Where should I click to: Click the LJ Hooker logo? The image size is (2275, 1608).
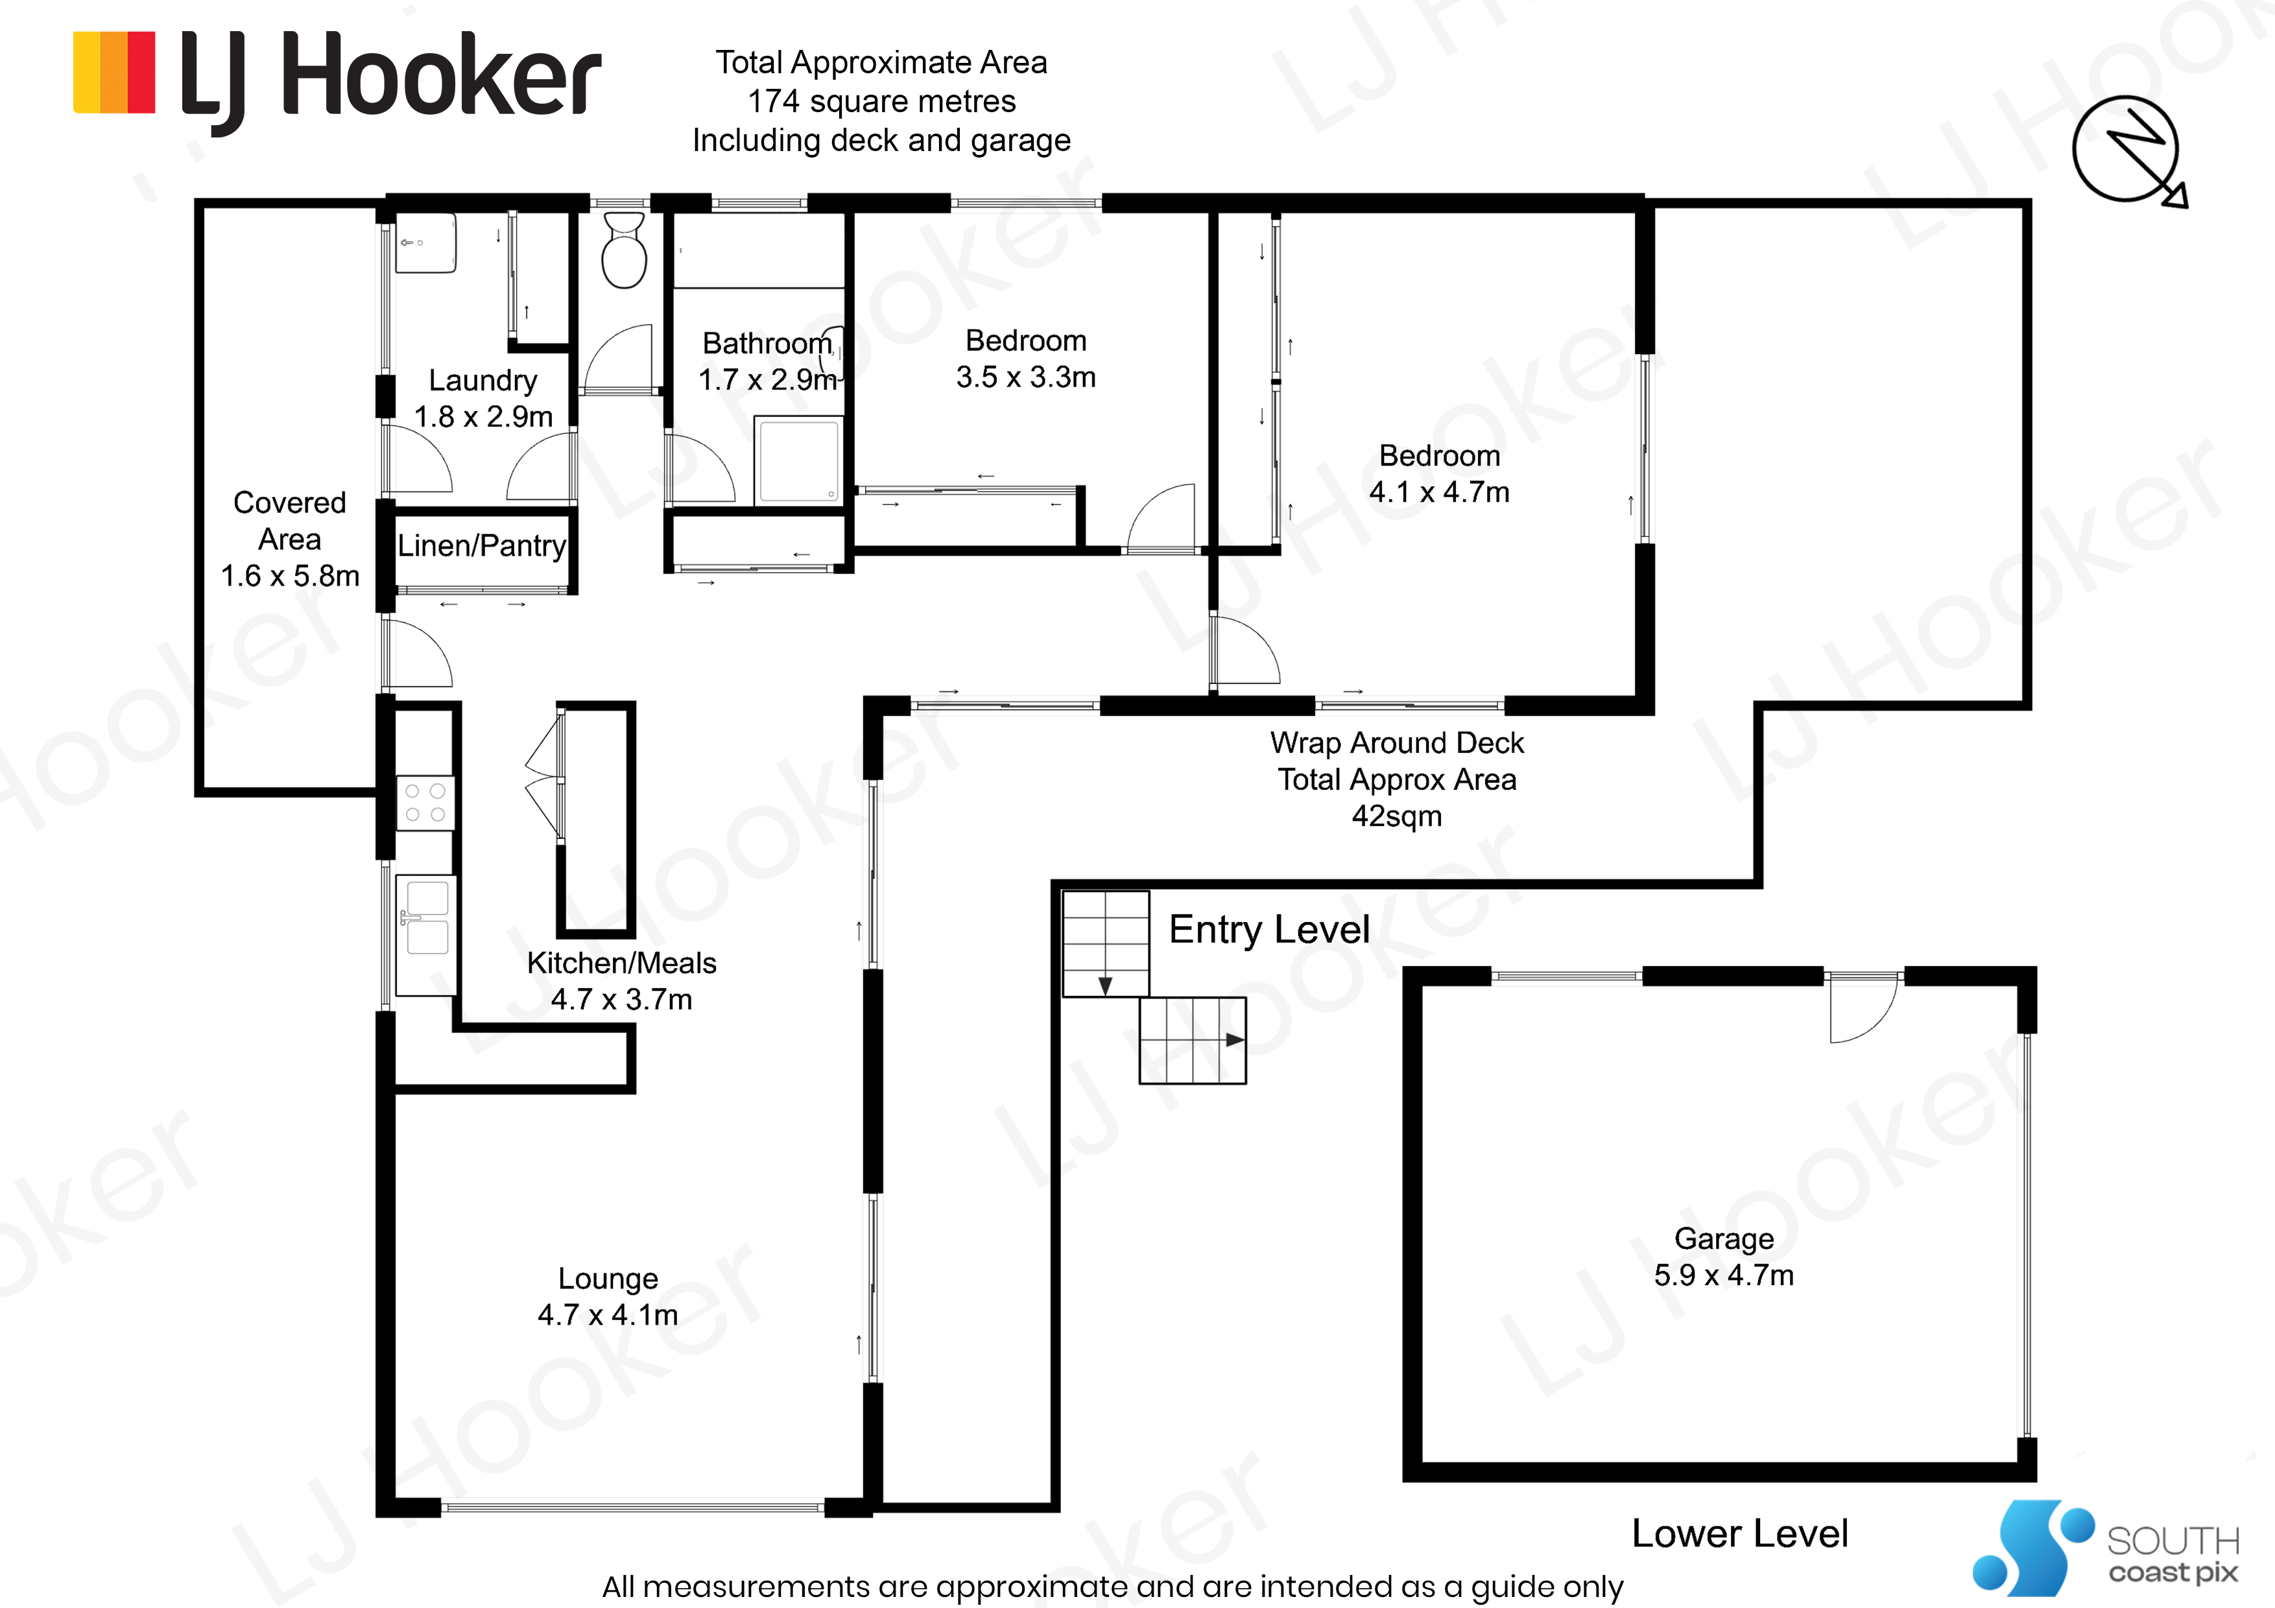[x=337, y=81]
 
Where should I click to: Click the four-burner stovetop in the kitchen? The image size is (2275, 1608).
[x=425, y=803]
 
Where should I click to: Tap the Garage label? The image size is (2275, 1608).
[x=1724, y=1238]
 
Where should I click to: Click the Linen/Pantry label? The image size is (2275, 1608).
[x=482, y=546]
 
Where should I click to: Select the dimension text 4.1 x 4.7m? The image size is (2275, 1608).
[x=1440, y=492]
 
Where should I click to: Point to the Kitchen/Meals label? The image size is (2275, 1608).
[x=621, y=963]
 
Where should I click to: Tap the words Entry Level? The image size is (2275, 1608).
[x=1269, y=929]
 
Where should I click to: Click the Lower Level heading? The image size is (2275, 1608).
[x=1740, y=1533]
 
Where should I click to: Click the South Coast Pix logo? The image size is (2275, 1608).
[x=2106, y=1548]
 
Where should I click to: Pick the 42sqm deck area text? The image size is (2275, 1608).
[x=1397, y=816]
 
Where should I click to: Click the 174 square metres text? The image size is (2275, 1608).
[x=882, y=101]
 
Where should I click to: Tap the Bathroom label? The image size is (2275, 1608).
[x=768, y=343]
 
